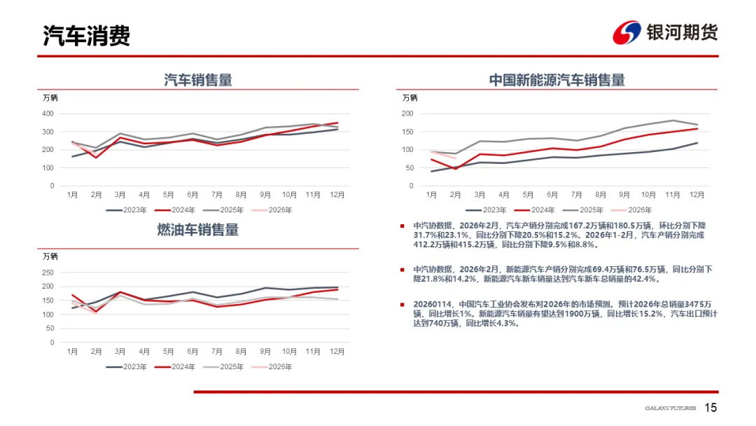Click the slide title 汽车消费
pos(87,36)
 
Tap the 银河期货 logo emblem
pos(627,32)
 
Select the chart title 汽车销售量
pos(198,80)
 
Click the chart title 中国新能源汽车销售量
pos(556,80)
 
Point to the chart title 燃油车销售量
pos(198,230)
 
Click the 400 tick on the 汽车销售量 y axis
pos(48,114)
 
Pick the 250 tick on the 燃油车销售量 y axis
pos(48,273)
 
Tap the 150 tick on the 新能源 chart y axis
pos(407,132)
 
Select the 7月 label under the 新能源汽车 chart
pos(576,194)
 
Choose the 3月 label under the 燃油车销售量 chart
pos(120,351)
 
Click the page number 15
pos(710,408)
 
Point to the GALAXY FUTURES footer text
pos(670,408)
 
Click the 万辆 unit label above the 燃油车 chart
pos(50,256)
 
